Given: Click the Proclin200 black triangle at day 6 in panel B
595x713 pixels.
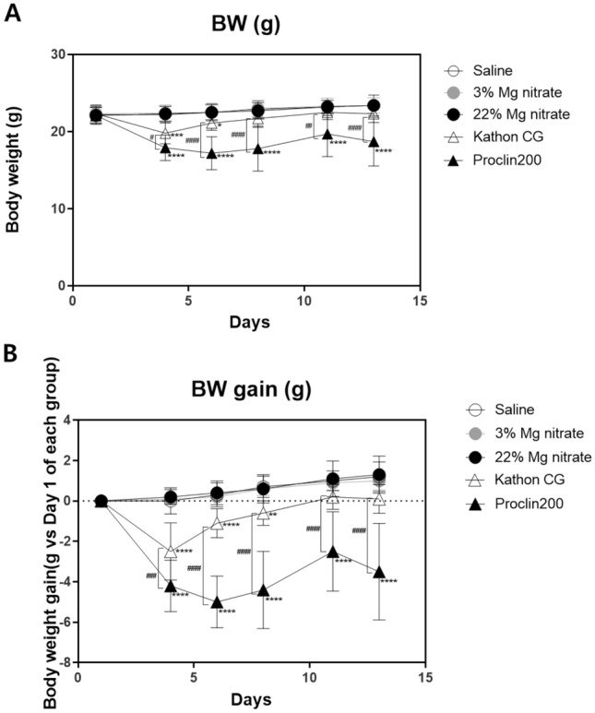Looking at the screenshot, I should (x=217, y=602).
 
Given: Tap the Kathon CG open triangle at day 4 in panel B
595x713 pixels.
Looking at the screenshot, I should (x=171, y=552).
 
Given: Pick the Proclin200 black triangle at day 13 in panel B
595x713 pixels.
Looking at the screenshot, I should (x=378, y=573).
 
